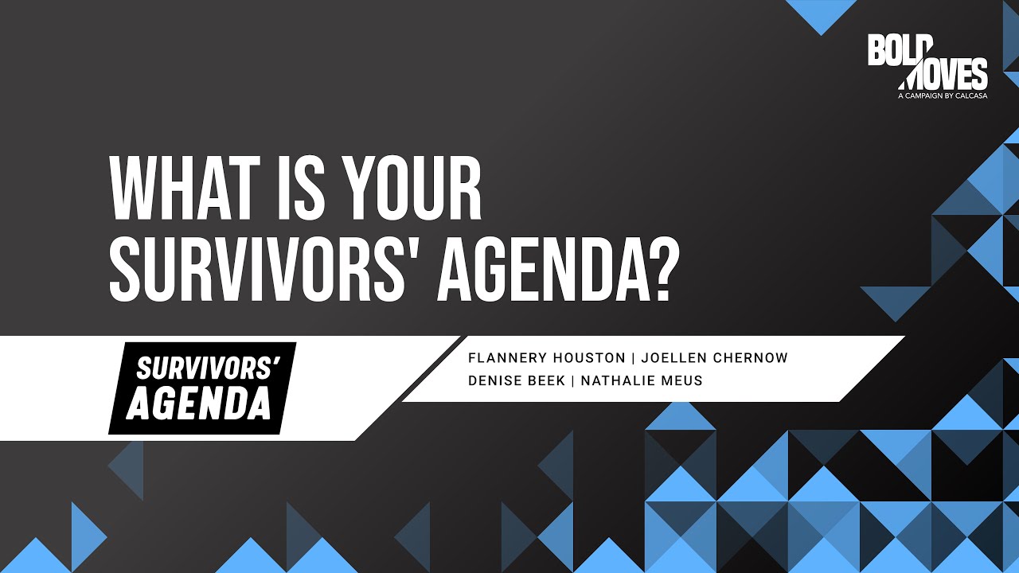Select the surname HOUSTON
[589, 358]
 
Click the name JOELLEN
[673, 358]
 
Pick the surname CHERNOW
[751, 358]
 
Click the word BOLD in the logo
[900, 50]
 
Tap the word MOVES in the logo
[944, 74]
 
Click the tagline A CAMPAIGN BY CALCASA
[943, 96]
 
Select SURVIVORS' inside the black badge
[208, 368]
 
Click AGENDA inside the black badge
[199, 403]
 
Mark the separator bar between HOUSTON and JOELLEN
[633, 358]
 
